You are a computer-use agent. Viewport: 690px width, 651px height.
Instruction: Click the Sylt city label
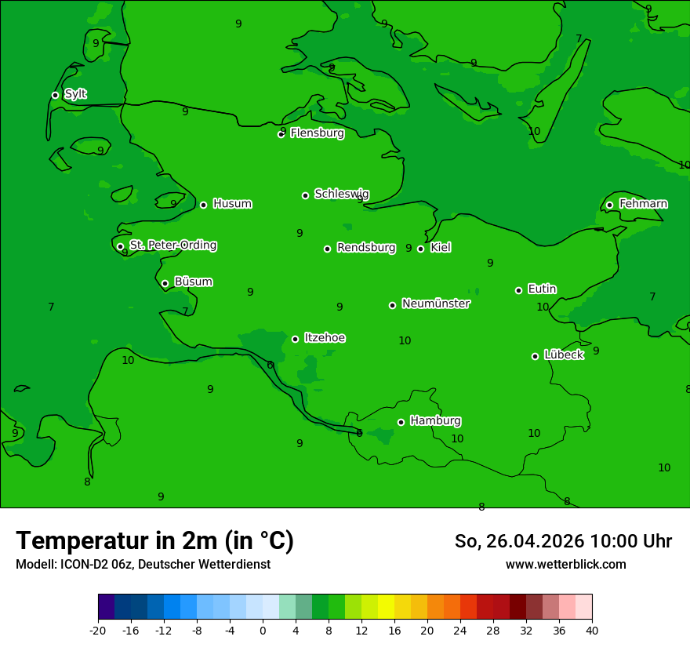(x=75, y=94)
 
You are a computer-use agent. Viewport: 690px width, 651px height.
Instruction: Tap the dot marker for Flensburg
(x=281, y=134)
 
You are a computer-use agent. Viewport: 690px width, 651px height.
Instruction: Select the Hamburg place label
(x=435, y=421)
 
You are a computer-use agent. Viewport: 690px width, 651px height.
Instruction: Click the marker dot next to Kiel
(x=420, y=249)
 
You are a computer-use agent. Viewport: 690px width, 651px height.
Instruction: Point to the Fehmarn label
(x=643, y=204)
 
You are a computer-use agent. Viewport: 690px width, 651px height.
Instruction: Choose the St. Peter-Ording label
(x=172, y=245)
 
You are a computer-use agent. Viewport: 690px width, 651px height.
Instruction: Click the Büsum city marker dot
(x=165, y=283)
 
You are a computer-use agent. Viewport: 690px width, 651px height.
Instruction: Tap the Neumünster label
(x=435, y=304)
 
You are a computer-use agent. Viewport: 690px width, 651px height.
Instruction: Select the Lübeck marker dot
(x=535, y=356)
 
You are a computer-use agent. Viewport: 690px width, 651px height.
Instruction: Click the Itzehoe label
(x=325, y=338)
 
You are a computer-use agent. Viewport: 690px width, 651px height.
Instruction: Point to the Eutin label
(x=542, y=289)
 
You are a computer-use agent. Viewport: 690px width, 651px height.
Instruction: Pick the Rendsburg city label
(x=366, y=248)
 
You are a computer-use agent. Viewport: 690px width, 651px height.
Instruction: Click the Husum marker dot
(x=203, y=205)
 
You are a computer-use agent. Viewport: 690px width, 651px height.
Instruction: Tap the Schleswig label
(x=341, y=194)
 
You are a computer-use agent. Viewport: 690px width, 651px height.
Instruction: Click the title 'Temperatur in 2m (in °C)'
(x=154, y=540)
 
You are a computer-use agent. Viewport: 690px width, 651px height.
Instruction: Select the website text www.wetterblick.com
(x=565, y=565)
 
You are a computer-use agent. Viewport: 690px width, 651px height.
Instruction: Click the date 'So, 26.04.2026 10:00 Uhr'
(x=563, y=541)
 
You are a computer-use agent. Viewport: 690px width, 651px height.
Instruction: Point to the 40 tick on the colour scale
(x=592, y=631)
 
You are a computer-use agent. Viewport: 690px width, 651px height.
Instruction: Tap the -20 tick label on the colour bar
(x=98, y=631)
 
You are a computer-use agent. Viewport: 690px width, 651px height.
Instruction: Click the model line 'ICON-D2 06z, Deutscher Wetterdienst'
(x=143, y=565)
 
